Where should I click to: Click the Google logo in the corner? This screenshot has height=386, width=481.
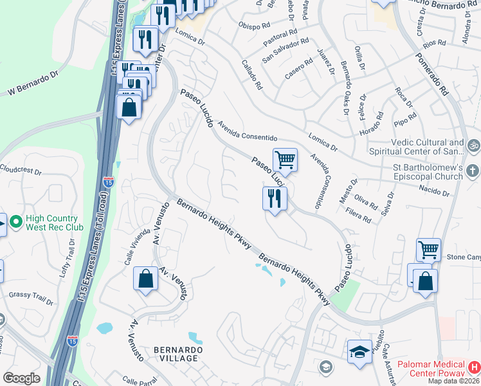pos(21,378)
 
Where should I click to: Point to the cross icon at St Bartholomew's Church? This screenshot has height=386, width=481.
pos(473,171)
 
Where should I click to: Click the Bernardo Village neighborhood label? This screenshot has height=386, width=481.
pos(176,353)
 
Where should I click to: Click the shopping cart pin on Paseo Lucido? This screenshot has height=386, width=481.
pos(285,159)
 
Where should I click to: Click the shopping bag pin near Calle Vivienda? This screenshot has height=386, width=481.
pos(145,279)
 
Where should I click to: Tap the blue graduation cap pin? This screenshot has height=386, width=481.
pos(359,351)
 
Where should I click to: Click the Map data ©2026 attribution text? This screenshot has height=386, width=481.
pos(454,381)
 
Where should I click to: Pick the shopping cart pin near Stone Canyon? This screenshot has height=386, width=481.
pos(428,249)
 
